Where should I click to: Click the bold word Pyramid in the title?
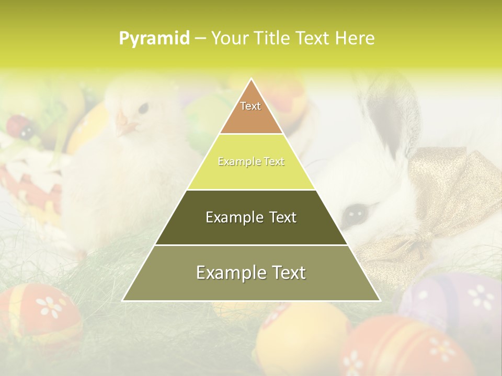point(154,39)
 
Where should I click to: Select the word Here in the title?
point(355,39)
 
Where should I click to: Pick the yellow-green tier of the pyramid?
point(251,162)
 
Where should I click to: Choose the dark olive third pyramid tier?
point(251,217)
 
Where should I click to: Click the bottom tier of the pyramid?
point(251,273)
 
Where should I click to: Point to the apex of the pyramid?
point(251,80)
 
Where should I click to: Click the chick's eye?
point(142,108)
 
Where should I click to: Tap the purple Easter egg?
point(455,303)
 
